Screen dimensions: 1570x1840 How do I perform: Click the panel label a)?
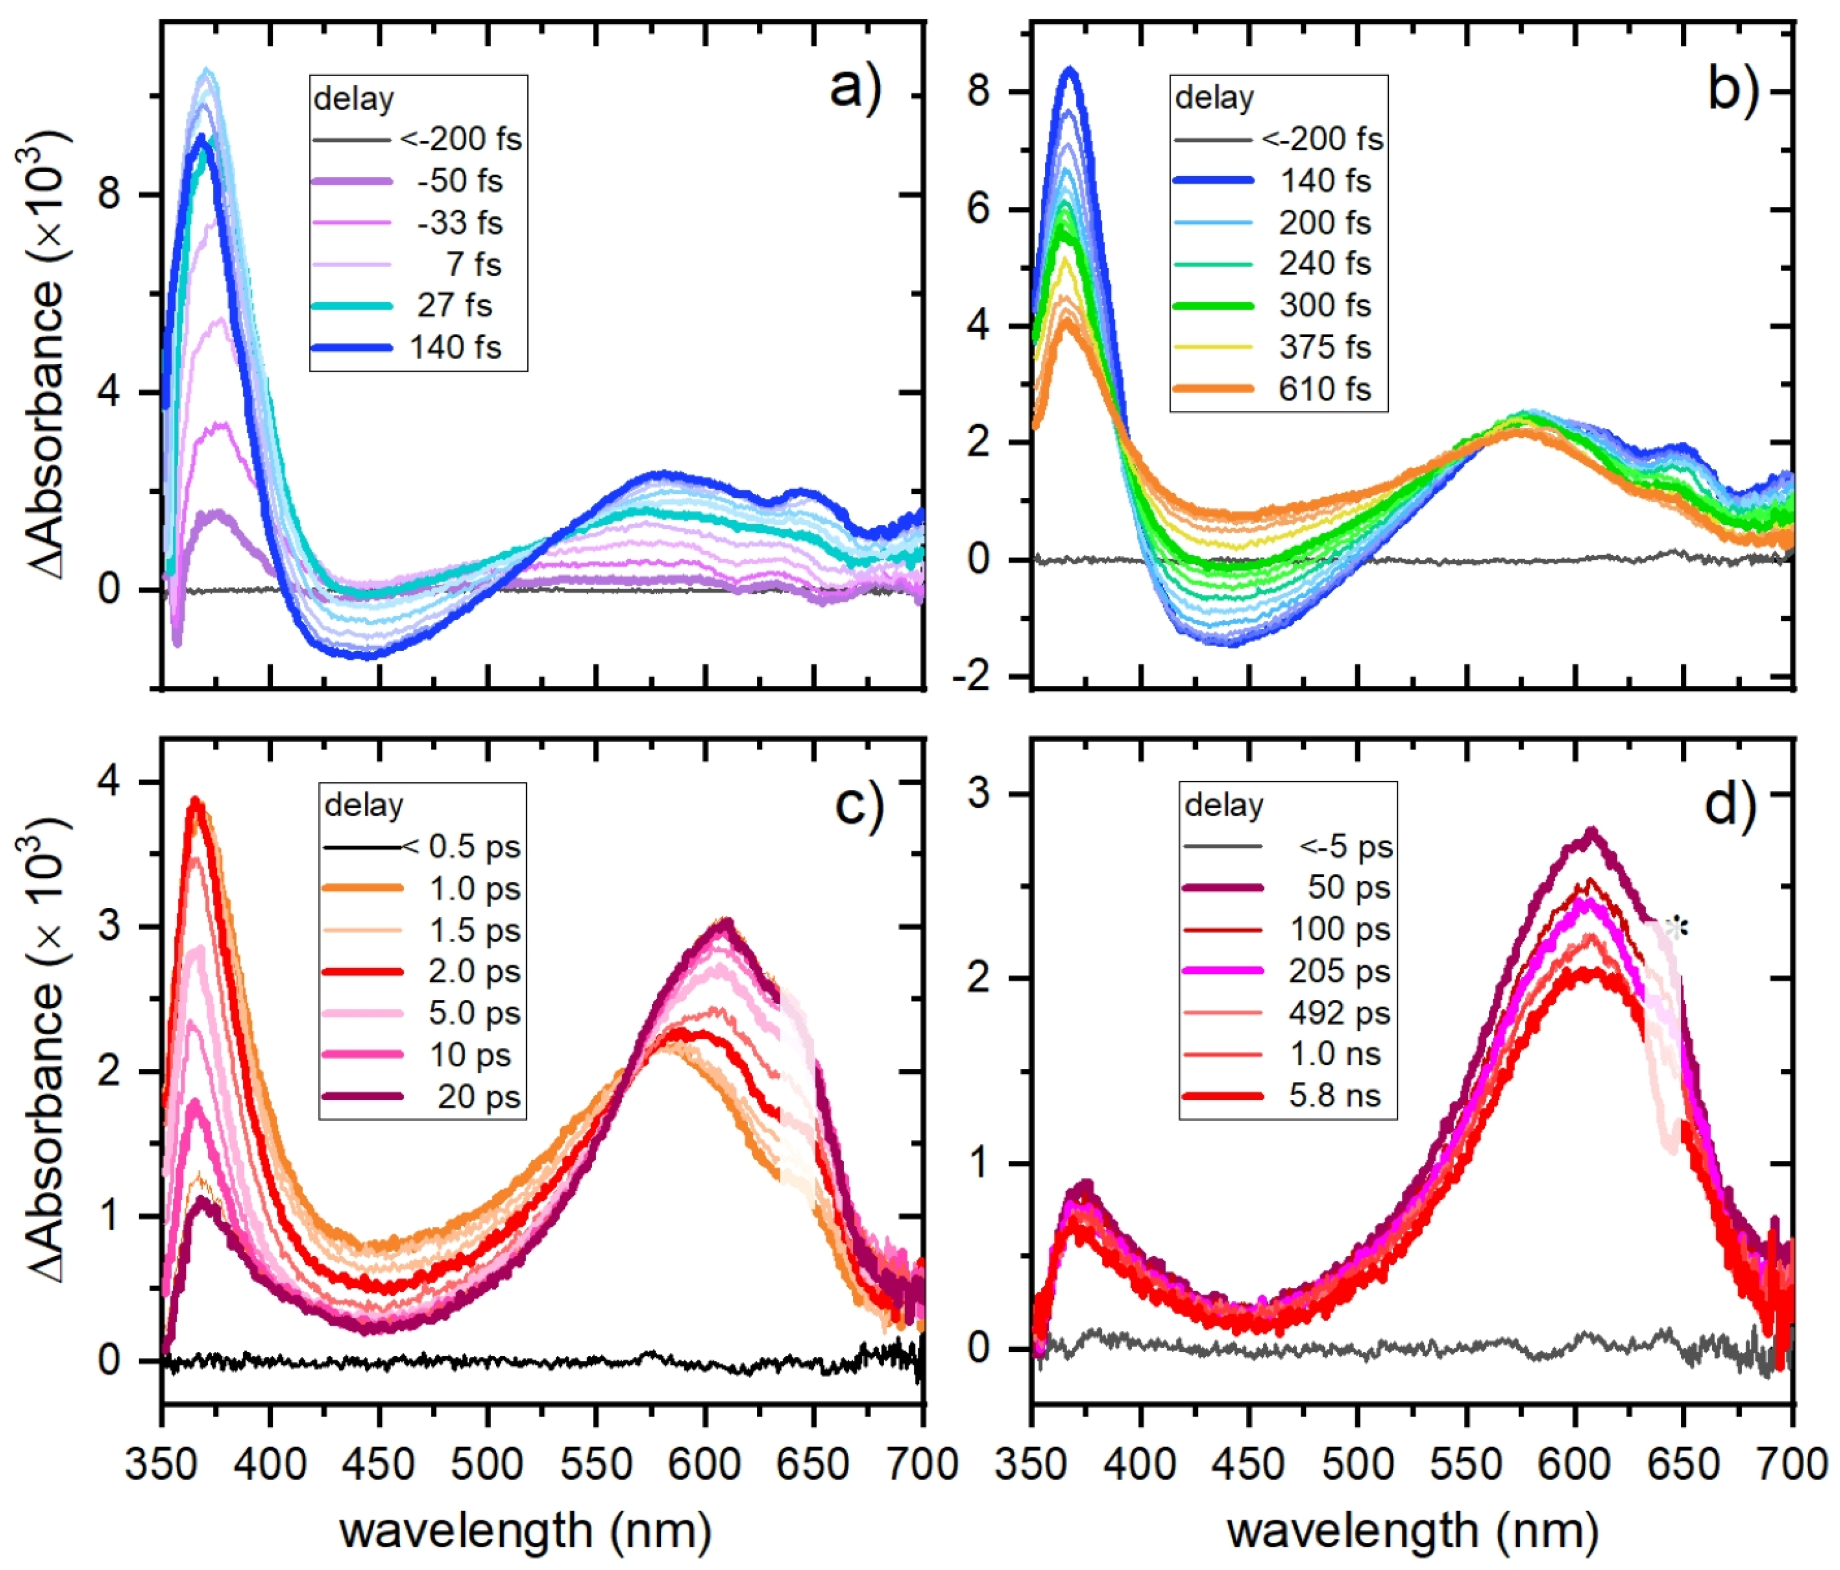coord(854,90)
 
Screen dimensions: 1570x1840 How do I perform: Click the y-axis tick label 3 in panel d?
coord(978,793)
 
